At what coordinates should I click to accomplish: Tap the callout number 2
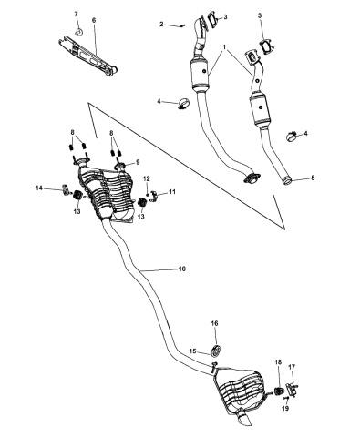(x=162, y=25)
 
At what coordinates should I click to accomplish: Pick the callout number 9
(x=138, y=163)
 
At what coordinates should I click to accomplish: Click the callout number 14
(x=38, y=188)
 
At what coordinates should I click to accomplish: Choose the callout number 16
(x=215, y=323)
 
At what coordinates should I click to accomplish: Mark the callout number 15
(x=192, y=351)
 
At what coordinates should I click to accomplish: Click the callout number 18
(x=278, y=361)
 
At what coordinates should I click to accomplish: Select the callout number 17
(x=292, y=368)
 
